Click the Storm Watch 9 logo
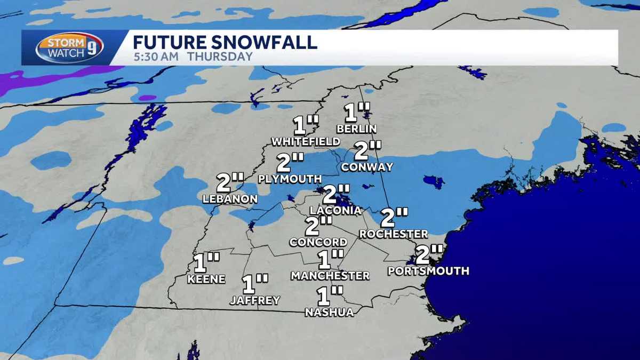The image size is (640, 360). [x=69, y=47]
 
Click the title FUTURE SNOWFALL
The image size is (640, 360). [x=225, y=42]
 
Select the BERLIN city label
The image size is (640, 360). [x=357, y=129]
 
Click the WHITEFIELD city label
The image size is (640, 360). [x=306, y=142]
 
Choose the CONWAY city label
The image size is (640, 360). [x=367, y=167]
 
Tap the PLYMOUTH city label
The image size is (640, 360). [x=290, y=179]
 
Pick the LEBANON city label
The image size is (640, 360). [x=230, y=199]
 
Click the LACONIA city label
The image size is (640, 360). [x=335, y=210]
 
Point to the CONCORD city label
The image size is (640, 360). [x=318, y=242]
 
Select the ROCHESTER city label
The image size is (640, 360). [x=394, y=234]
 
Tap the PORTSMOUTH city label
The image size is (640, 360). [x=429, y=271]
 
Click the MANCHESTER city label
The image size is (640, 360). [x=330, y=276]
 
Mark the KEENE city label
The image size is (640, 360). [x=206, y=279]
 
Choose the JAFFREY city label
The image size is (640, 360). [x=255, y=301]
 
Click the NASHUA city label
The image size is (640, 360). [x=330, y=313]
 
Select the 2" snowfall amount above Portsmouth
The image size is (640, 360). [x=429, y=254]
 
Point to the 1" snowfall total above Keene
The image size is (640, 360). [x=206, y=263]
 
